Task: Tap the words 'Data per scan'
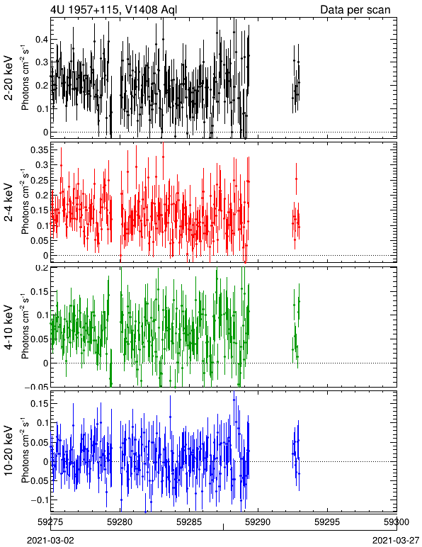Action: pos(355,9)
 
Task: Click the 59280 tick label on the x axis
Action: pos(120,522)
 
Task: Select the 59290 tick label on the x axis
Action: pos(258,522)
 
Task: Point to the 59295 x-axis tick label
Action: pos(327,522)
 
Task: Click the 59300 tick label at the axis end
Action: pos(397,522)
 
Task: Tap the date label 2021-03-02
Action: pos(51,541)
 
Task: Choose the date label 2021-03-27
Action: pos(396,541)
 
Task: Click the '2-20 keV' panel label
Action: pos(8,78)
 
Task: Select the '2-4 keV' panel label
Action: pos(8,203)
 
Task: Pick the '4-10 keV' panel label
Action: pos(8,327)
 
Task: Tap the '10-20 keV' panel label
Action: pos(8,451)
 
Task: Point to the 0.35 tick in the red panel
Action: pos(39,150)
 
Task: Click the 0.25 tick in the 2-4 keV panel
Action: pos(39,180)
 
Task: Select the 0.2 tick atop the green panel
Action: pos(41,269)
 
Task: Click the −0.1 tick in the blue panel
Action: pos(38,500)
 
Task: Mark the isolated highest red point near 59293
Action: pos(296,179)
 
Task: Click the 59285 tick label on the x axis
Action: pos(189,522)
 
